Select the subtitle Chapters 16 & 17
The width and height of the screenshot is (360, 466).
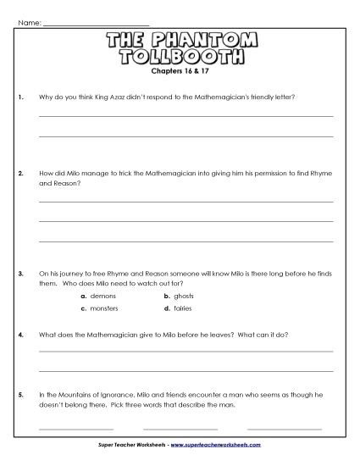[x=180, y=73]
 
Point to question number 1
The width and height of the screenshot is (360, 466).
[x=19, y=97]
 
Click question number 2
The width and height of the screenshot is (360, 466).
[x=19, y=173]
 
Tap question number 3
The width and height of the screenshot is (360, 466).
[x=19, y=275]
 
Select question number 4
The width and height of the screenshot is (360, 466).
[x=19, y=335]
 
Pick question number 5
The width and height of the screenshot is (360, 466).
[x=19, y=395]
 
